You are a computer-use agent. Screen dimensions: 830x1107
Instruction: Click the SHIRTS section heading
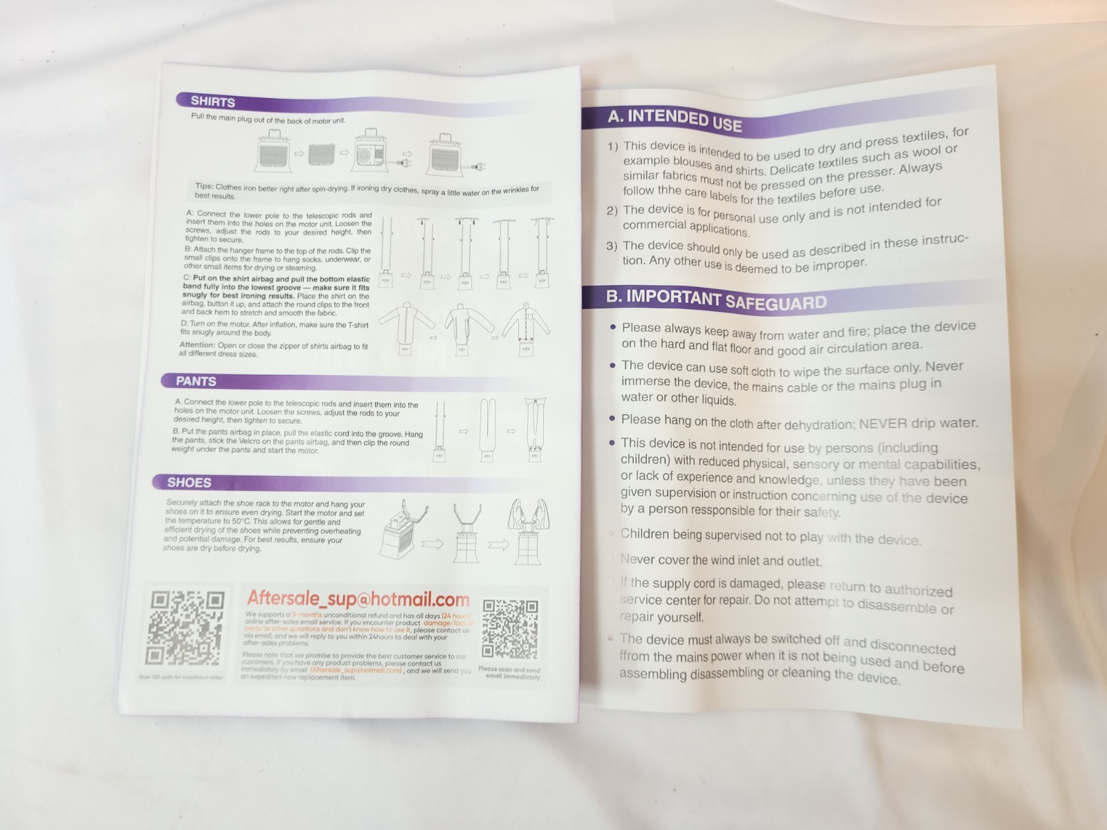point(212,102)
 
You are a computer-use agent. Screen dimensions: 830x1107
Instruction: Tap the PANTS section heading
point(196,381)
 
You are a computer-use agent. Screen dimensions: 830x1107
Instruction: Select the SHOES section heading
point(189,482)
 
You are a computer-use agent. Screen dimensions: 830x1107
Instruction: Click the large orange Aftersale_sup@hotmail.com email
point(358,599)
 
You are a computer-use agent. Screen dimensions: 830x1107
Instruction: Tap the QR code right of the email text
point(510,628)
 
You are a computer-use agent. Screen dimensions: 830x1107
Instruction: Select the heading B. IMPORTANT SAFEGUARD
point(716,299)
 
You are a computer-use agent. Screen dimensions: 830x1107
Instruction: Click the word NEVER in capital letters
point(883,423)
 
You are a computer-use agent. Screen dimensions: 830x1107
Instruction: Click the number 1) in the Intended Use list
point(612,147)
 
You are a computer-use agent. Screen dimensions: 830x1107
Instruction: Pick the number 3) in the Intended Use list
point(612,246)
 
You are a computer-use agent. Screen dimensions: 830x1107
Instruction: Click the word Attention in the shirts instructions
point(196,344)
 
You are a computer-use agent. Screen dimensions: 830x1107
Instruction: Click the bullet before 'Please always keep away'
point(612,327)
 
